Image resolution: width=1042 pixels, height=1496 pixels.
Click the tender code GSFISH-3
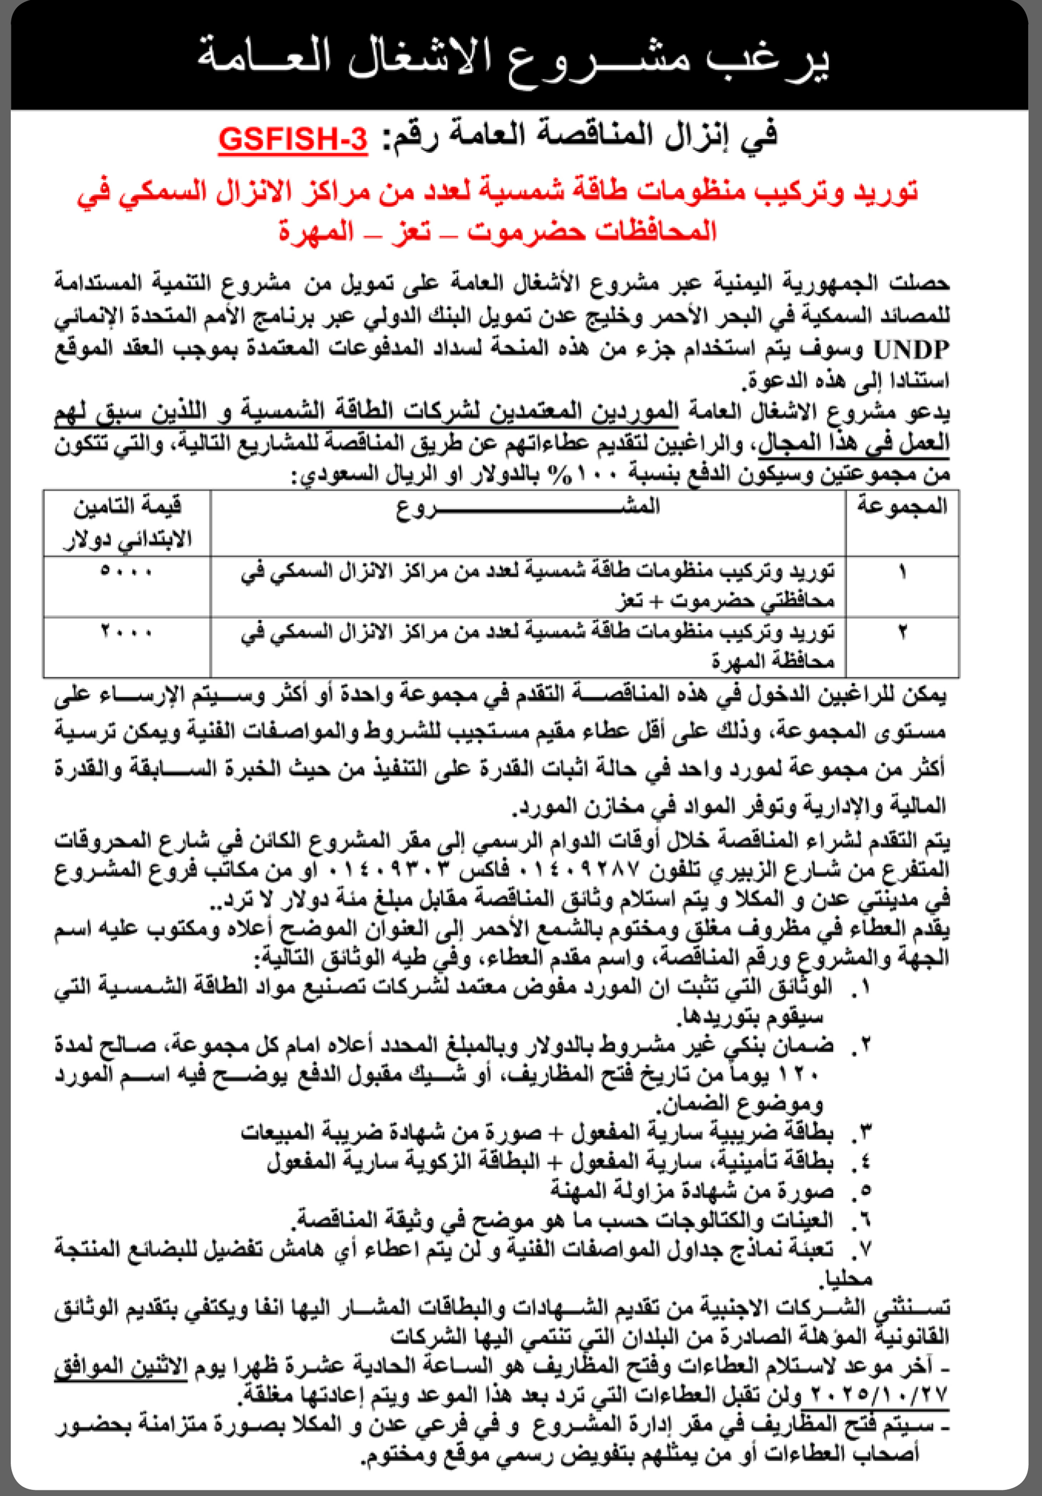[x=292, y=139]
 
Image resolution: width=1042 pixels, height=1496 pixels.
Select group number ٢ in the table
[x=902, y=632]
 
